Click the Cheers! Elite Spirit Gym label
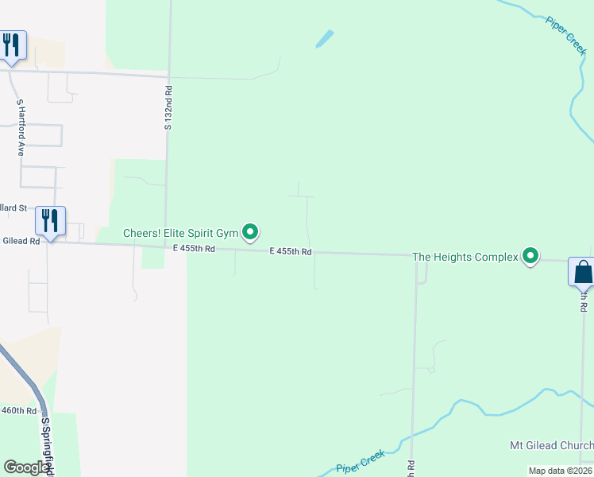180,233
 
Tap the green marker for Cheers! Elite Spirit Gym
251,232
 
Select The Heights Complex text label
464,257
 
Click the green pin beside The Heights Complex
529,256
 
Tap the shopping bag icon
582,272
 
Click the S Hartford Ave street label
21,127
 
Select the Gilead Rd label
21,241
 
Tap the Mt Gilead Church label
551,445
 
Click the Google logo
27,467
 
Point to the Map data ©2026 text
560,471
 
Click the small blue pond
324,38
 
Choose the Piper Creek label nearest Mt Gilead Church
360,460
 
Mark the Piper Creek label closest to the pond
565,34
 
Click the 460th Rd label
19,411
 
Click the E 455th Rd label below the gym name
195,249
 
